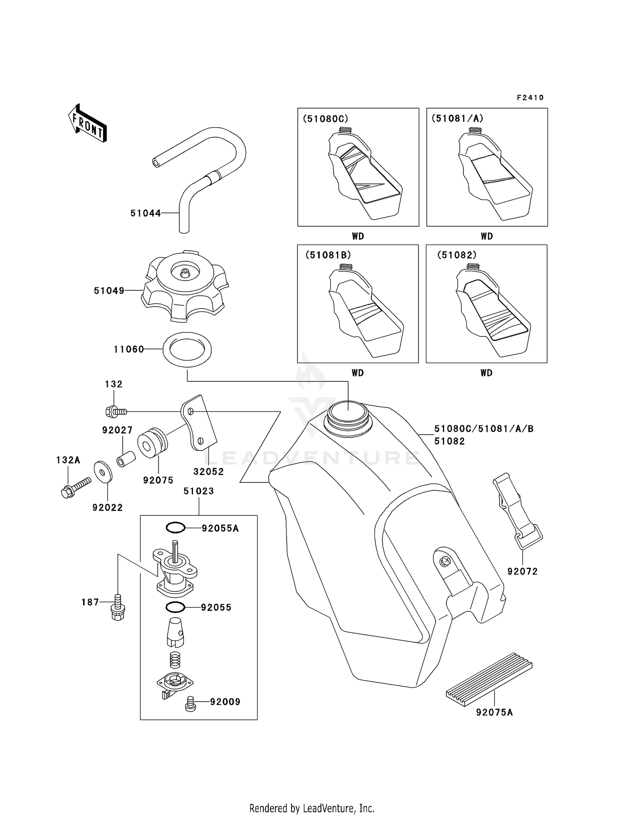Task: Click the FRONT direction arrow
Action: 87,124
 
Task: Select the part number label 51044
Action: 145,213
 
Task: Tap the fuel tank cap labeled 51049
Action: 185,287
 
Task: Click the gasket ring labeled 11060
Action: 187,349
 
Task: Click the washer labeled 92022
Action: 102,471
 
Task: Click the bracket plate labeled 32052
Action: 199,423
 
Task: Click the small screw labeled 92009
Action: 190,703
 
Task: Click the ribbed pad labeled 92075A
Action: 489,680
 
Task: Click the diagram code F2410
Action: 530,98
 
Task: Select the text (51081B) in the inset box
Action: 328,255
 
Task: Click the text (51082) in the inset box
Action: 456,255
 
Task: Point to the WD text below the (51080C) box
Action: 358,236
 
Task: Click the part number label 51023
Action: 198,491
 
